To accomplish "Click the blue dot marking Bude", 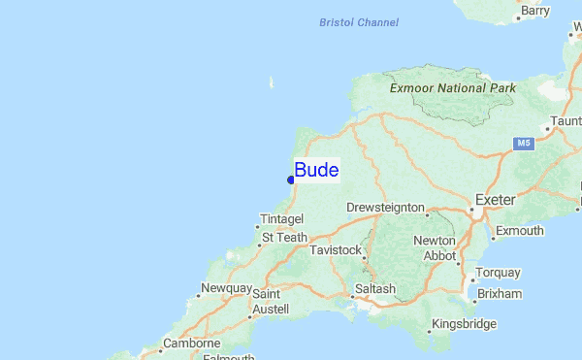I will (x=291, y=180).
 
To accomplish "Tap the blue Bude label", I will (x=316, y=171).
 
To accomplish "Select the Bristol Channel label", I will (x=359, y=22).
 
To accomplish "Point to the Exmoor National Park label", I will (x=452, y=87).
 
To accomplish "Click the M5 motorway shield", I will (x=524, y=144).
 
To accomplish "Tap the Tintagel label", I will (x=282, y=219).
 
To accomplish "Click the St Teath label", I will (x=284, y=237).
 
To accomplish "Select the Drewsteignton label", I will (x=385, y=208).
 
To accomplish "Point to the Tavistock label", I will (x=335, y=250).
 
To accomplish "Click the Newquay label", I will (x=226, y=289).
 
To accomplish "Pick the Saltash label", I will (x=375, y=289).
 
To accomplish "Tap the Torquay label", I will (x=498, y=273).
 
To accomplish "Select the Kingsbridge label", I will (x=464, y=324).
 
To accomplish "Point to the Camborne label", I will (x=191, y=344).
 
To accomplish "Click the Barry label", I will (x=534, y=11).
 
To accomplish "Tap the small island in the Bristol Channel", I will (x=272, y=83).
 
